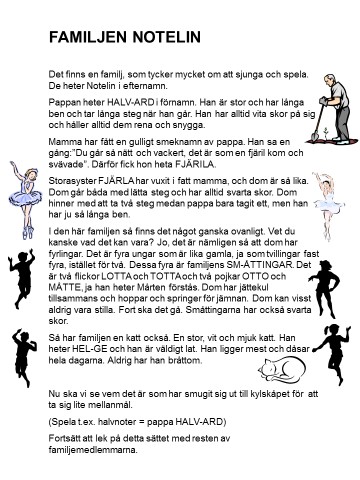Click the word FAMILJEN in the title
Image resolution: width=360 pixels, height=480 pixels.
(x=91, y=37)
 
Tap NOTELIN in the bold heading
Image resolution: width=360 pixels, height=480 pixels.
(x=169, y=37)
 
